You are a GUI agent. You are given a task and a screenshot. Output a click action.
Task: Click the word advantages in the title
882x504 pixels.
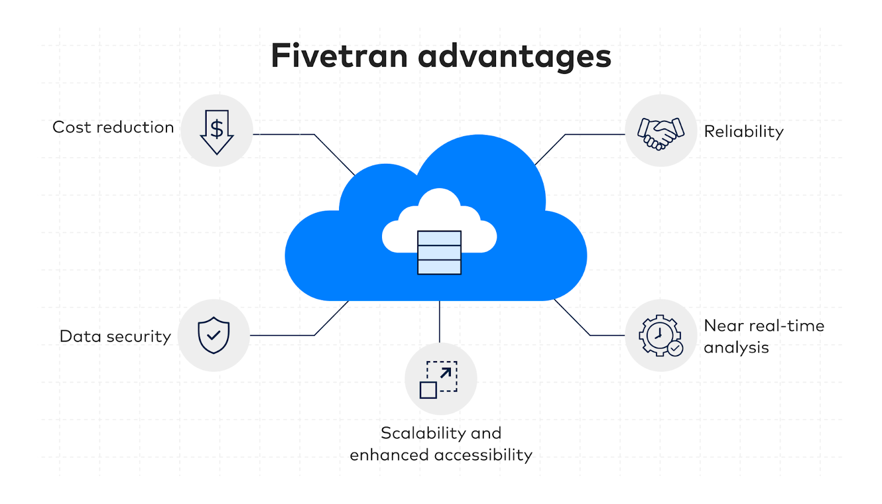point(515,58)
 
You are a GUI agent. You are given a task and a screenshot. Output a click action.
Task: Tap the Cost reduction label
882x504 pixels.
point(113,127)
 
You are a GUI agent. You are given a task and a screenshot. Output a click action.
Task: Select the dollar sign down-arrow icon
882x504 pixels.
point(217,132)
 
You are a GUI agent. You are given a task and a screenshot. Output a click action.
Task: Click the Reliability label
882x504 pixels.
point(744,132)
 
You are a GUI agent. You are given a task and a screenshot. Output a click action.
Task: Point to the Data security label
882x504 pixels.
point(115,336)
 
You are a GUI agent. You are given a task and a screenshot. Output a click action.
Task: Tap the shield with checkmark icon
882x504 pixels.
point(214,335)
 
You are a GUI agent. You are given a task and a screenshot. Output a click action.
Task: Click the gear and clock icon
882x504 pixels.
point(661,335)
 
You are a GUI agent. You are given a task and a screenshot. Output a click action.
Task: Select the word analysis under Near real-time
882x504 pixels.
point(736,348)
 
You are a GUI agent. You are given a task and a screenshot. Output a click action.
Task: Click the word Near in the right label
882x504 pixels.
point(723,326)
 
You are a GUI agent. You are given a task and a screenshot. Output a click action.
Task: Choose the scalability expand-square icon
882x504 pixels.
point(439,379)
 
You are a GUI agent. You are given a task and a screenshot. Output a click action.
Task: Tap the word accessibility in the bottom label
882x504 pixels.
point(483,455)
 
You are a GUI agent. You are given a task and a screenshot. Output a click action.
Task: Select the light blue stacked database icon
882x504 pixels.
point(439,253)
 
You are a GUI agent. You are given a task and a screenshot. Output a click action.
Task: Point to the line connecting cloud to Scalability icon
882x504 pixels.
point(439,321)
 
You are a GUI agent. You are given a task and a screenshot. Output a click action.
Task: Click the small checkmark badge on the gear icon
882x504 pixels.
point(675,348)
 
